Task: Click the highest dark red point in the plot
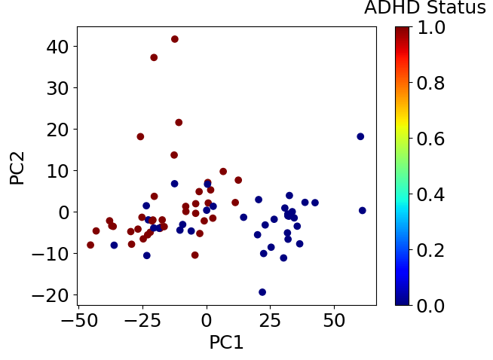pos(175,39)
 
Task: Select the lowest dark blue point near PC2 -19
pos(262,292)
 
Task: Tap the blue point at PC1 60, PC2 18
pos(360,136)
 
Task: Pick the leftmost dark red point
pos(90,245)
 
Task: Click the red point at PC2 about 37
pos(154,57)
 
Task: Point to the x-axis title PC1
pos(226,343)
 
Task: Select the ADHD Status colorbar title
pos(424,9)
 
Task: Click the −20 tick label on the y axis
pos(51,295)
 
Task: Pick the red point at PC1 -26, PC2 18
pos(140,137)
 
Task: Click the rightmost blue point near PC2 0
pos(363,211)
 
